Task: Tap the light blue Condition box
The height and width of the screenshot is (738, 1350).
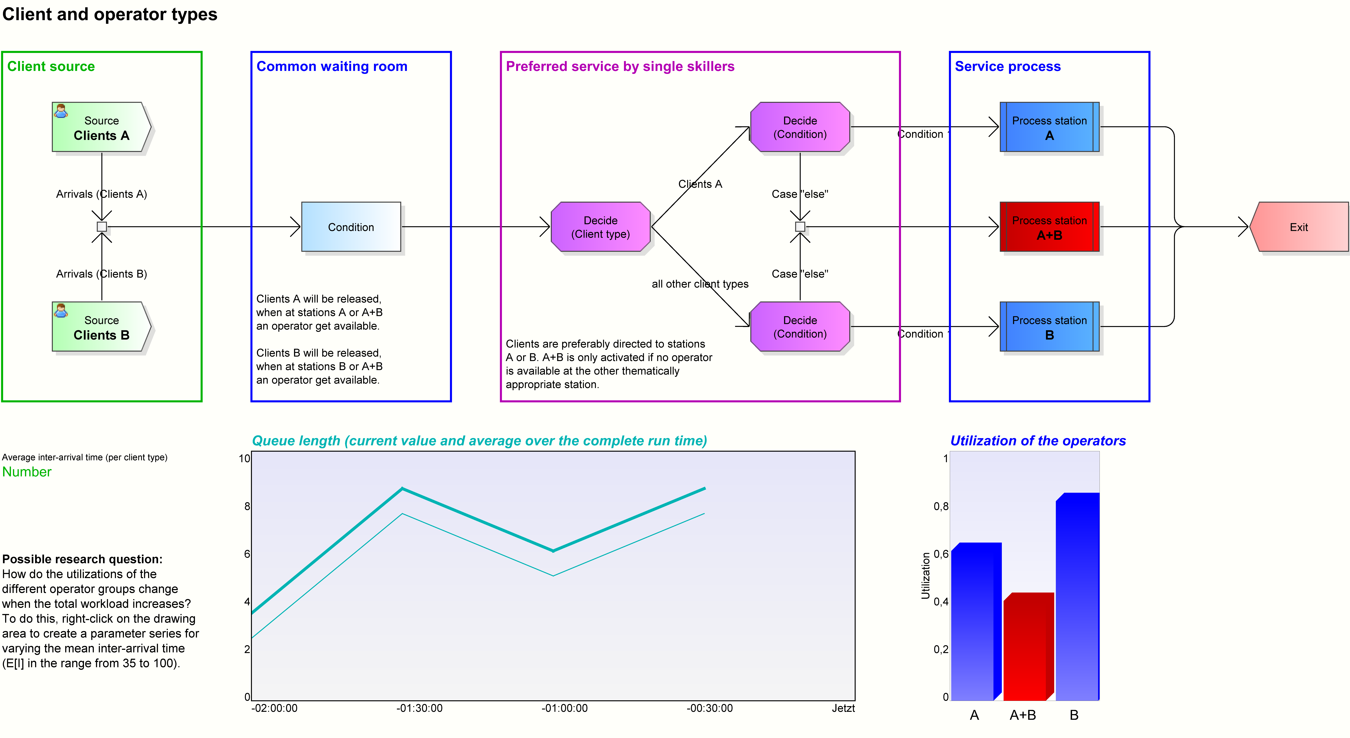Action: [x=351, y=227]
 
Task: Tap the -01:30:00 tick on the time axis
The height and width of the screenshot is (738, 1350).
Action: [x=419, y=708]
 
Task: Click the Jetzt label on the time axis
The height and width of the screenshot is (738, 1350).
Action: [x=843, y=708]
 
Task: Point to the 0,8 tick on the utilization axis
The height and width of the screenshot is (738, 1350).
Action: [x=941, y=506]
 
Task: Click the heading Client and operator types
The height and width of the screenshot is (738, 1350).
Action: [x=109, y=14]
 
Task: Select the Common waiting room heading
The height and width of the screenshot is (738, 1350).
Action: [x=332, y=67]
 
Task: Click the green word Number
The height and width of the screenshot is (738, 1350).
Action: [x=27, y=472]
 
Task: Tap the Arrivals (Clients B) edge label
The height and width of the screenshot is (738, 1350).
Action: [x=101, y=274]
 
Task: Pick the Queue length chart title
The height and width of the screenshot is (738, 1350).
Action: [x=479, y=441]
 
